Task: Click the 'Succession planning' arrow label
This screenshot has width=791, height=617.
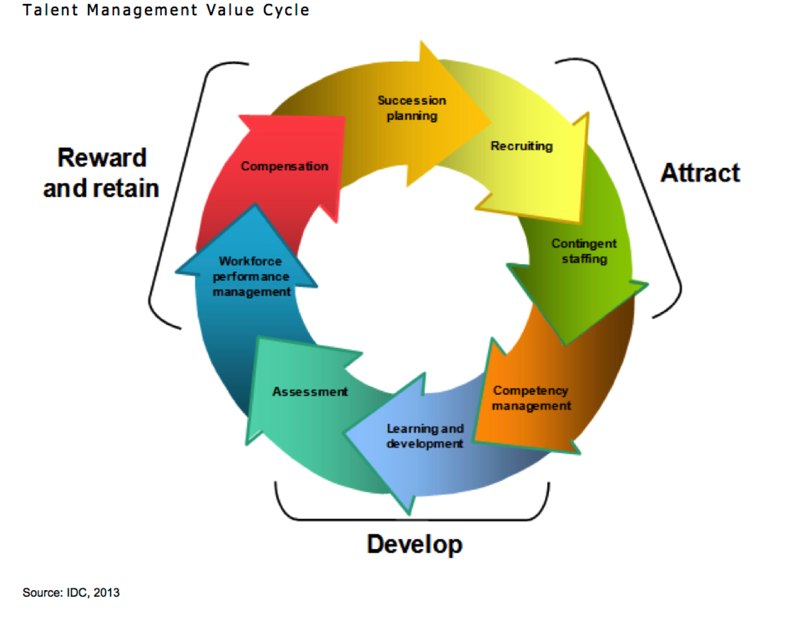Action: click(x=412, y=108)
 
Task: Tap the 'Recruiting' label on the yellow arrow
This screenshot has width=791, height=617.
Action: click(x=521, y=146)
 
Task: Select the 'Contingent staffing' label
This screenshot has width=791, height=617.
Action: click(x=584, y=251)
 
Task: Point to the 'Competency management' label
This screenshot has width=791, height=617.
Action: click(x=531, y=398)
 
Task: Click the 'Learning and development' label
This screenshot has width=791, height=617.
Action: click(x=425, y=436)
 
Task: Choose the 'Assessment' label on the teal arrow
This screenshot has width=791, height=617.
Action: click(x=310, y=392)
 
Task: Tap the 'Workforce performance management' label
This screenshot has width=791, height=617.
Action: click(x=251, y=276)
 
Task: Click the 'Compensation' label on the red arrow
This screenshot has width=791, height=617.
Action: click(x=285, y=166)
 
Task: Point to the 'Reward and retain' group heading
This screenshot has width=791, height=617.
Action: click(x=101, y=173)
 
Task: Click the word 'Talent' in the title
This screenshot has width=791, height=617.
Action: click(x=51, y=10)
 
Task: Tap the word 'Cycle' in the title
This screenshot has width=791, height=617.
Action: click(x=286, y=10)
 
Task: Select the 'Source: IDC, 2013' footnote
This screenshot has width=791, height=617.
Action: click(x=71, y=593)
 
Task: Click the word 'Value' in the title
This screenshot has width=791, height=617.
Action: click(x=230, y=10)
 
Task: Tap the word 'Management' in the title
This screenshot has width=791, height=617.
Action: click(x=142, y=10)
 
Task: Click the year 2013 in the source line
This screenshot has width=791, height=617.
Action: click(x=106, y=593)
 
